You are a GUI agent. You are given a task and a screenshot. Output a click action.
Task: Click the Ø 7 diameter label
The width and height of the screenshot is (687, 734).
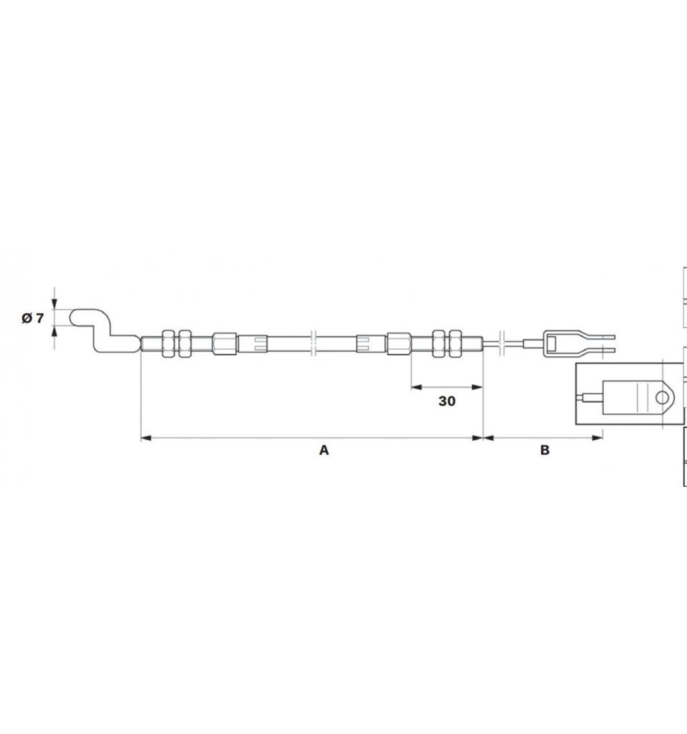tap(32, 318)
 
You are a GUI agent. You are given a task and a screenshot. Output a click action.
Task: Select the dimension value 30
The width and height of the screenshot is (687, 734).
tap(447, 401)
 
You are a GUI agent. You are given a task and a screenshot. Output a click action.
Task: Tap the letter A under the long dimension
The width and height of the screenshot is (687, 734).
tap(324, 450)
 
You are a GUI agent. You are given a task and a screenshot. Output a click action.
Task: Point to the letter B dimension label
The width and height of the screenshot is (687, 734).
tap(544, 450)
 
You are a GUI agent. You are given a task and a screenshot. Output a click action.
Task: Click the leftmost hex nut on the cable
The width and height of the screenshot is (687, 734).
tap(168, 344)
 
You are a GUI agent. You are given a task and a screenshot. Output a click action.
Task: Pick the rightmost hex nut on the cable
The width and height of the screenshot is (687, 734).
tap(455, 344)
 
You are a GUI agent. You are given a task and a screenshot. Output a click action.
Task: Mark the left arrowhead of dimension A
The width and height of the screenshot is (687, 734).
tap(146, 438)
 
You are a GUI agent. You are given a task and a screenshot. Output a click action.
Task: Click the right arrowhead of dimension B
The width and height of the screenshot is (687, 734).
tap(597, 438)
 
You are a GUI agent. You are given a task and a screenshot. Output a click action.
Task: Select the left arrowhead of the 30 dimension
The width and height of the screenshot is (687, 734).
tap(417, 387)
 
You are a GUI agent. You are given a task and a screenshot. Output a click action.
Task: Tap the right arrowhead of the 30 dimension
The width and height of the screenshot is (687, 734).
tap(477, 387)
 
